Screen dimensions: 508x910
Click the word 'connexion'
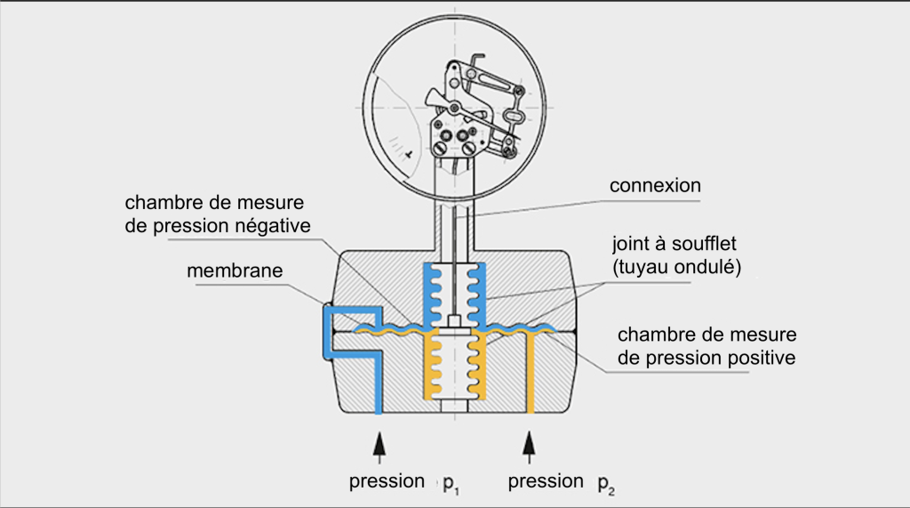click(655, 187)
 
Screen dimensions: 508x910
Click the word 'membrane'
click(235, 270)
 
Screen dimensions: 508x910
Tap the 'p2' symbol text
click(605, 484)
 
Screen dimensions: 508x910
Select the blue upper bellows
click(454, 290)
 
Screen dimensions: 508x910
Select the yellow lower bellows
click(454, 365)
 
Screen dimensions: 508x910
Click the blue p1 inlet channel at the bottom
click(379, 391)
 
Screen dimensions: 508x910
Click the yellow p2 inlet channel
click(530, 374)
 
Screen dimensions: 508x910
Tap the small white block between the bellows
click(454, 321)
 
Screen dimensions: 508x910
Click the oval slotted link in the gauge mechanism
click(515, 116)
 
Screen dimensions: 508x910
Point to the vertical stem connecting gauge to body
click(454, 222)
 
